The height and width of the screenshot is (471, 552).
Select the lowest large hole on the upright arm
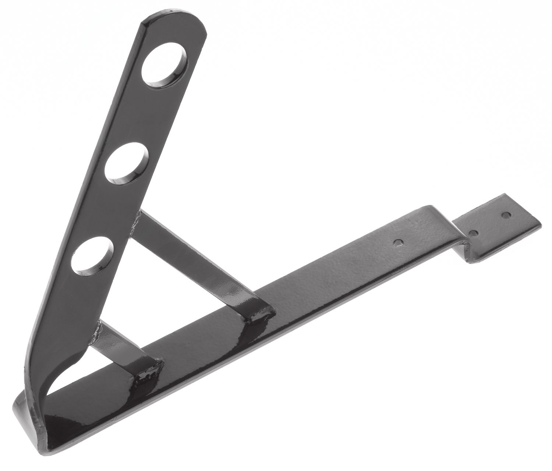(92, 256)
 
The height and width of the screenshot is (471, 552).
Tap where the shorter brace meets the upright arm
(99, 326)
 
